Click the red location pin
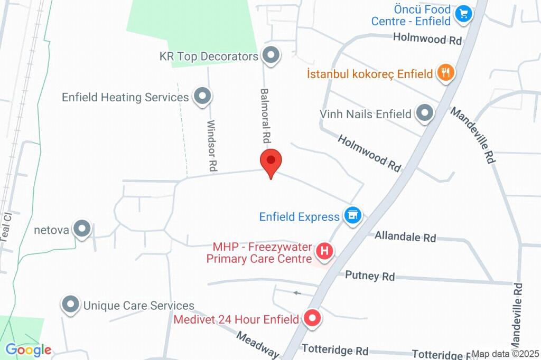271,161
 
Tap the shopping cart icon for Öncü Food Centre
463,14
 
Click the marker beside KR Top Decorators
272,55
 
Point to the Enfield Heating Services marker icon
202,97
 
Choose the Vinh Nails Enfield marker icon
424,113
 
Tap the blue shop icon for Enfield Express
352,215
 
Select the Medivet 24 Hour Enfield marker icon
312,319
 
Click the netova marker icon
82,229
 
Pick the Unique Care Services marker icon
70,305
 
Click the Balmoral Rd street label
265,116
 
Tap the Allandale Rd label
405,236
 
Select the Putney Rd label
370,276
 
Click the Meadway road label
257,345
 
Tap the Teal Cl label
6,228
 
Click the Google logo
29,349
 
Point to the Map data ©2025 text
505,354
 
